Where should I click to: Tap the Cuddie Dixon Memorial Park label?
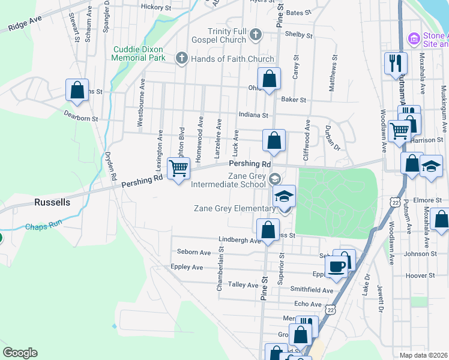click(x=138, y=53)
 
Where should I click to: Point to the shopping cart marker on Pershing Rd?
click(x=178, y=170)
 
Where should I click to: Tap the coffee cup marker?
click(x=337, y=266)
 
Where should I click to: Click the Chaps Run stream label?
click(x=43, y=227)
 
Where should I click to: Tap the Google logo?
click(x=20, y=353)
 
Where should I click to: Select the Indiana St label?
click(x=252, y=115)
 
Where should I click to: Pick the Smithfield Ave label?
click(x=312, y=290)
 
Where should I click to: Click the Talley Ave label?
click(x=244, y=285)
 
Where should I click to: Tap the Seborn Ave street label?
click(x=194, y=252)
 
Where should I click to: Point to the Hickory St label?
click(x=156, y=7)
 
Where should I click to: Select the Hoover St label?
click(x=420, y=276)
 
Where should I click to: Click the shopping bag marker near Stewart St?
click(x=77, y=91)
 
